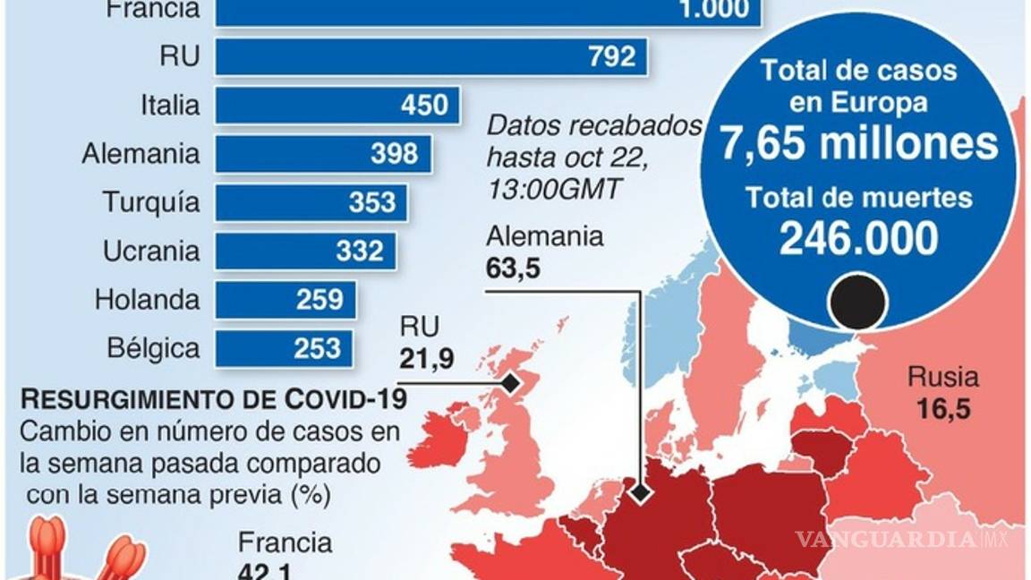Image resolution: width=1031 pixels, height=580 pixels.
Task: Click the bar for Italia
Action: [x=337, y=105]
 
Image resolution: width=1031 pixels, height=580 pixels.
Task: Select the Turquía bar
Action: [x=311, y=201]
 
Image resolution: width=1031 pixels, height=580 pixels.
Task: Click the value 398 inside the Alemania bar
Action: [x=394, y=153]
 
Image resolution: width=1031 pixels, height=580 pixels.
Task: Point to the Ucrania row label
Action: [x=151, y=251]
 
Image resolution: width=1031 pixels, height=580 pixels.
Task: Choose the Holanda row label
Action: [x=147, y=299]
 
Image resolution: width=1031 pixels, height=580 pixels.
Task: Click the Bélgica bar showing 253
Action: [x=285, y=346]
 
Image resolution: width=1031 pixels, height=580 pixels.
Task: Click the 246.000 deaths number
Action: [x=858, y=238]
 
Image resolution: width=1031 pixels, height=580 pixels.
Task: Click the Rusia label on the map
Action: [x=942, y=377]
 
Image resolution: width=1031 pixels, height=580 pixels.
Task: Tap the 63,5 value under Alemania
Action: [x=514, y=269]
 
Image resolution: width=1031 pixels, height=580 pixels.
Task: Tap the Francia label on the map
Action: [x=285, y=542]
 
